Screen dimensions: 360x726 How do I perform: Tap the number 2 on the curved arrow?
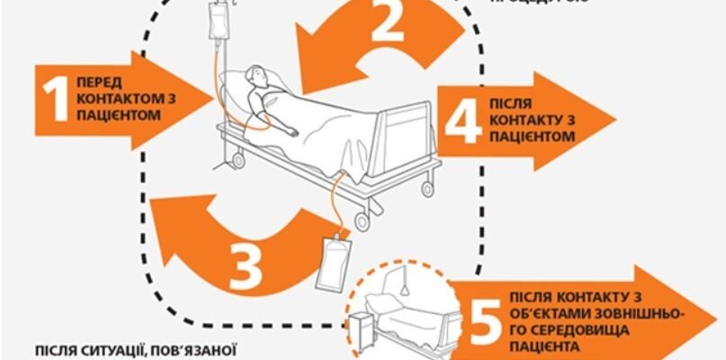[387, 24]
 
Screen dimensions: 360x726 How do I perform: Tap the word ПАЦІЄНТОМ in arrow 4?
[532, 137]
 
